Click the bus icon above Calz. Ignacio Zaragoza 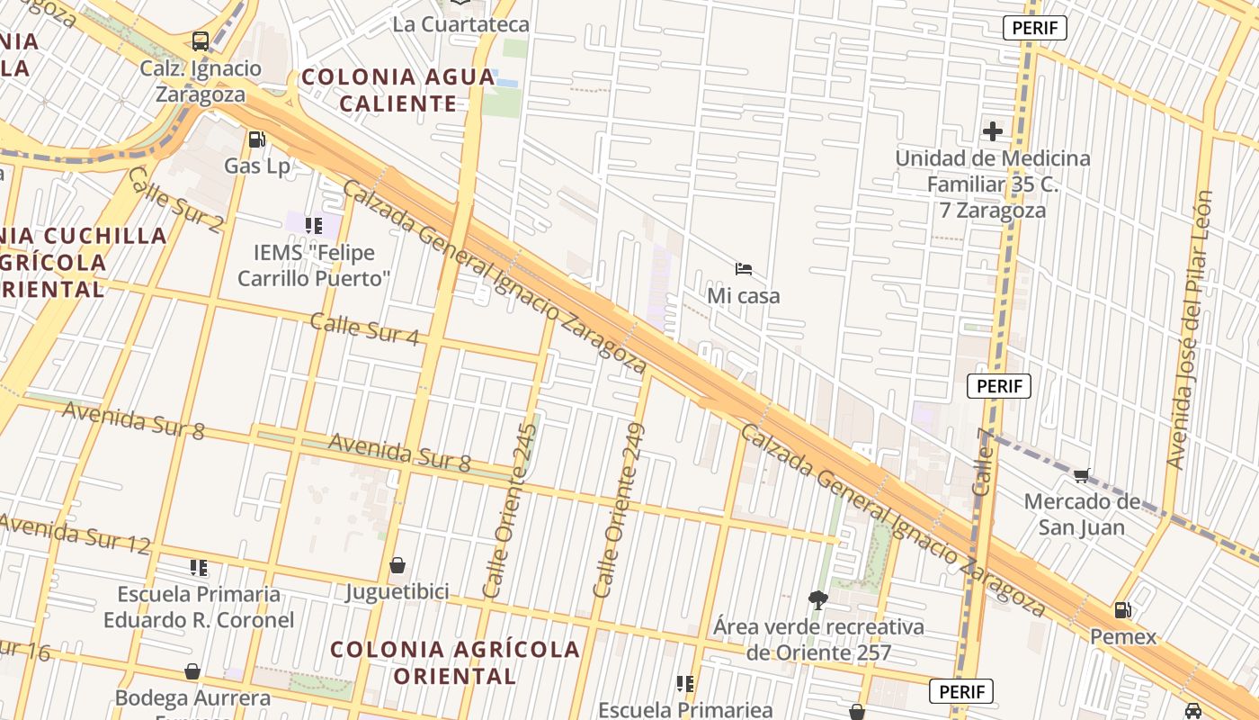pos(200,41)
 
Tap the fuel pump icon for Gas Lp pos(257,139)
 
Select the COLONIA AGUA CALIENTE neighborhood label pos(397,90)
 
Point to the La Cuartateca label pos(460,24)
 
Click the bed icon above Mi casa pos(743,268)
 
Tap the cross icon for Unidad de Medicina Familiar pos(992,131)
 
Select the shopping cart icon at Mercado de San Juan pos(1082,475)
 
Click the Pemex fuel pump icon pos(1122,610)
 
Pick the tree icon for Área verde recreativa pos(817,599)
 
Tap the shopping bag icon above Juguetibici pos(397,565)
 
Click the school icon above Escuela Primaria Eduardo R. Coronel pos(199,568)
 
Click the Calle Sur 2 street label pos(174,199)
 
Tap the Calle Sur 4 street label pos(364,329)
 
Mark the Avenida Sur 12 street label pos(75,533)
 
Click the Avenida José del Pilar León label pos(1190,328)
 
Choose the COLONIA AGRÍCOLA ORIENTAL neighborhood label pos(454,661)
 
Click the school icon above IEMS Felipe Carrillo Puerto pos(313,225)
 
